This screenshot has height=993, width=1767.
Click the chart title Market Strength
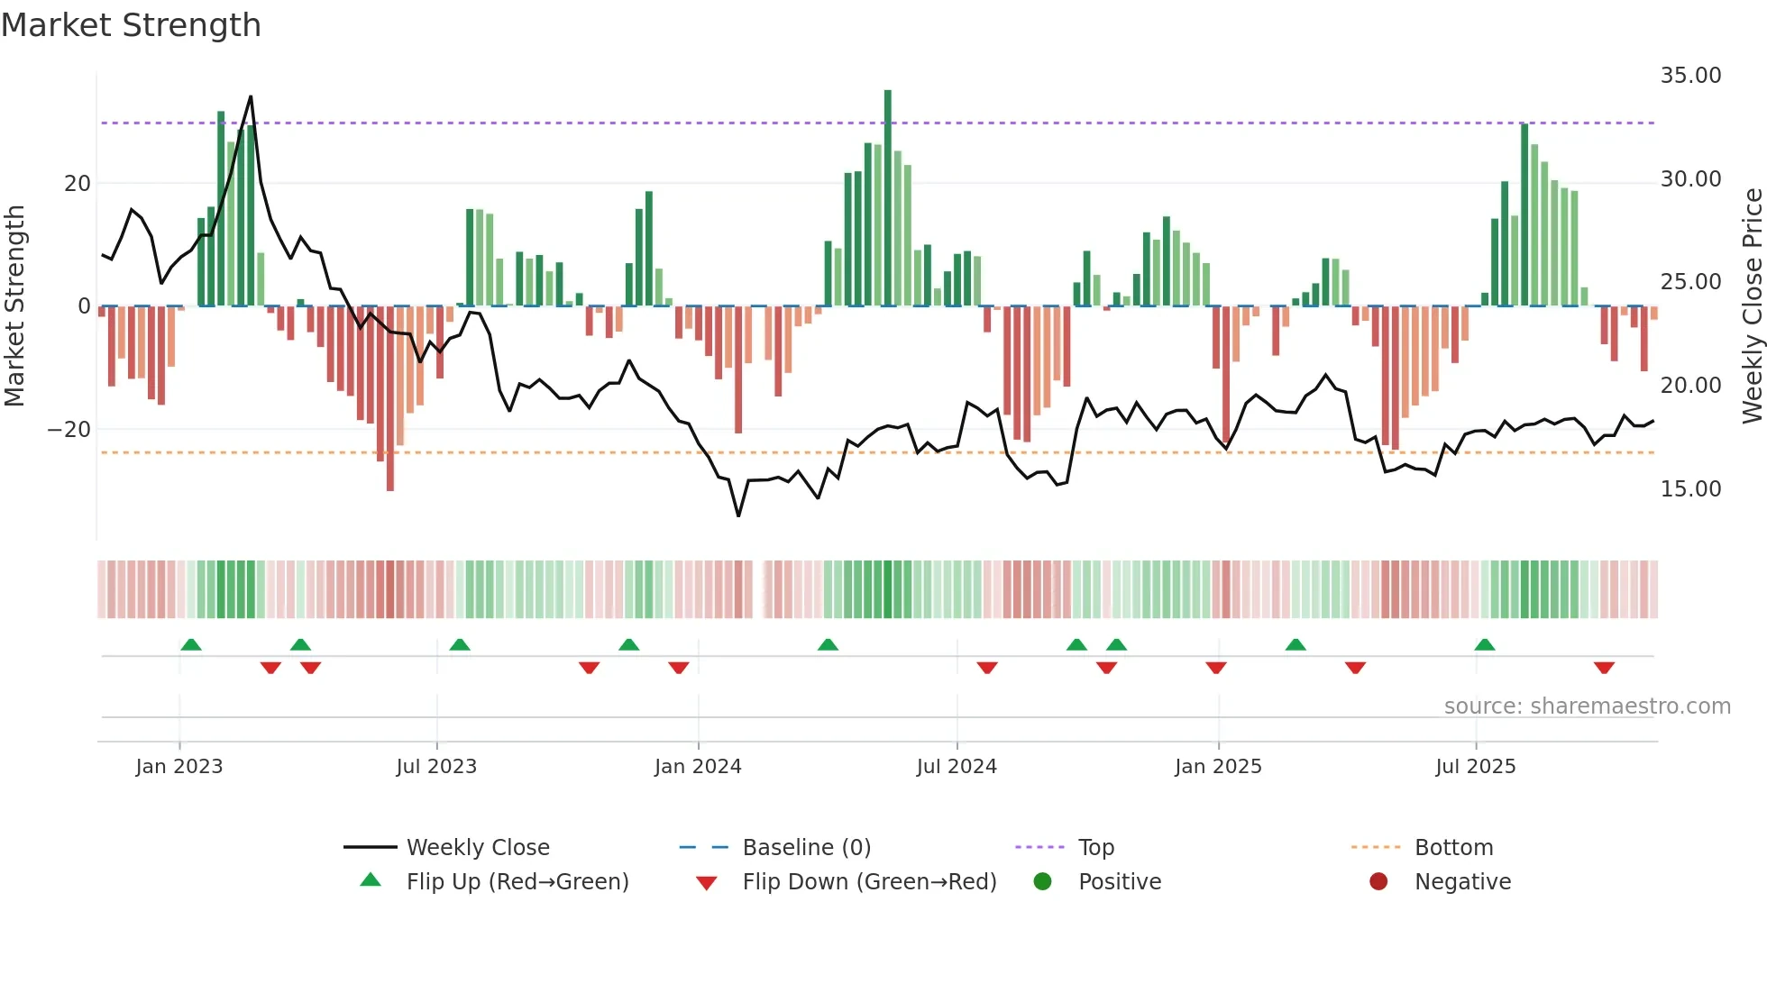point(131,25)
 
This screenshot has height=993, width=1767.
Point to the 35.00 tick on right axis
point(1690,76)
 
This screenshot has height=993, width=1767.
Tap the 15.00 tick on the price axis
point(1690,489)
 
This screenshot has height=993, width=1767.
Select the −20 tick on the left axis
point(69,430)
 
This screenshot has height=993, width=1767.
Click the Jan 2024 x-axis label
point(698,767)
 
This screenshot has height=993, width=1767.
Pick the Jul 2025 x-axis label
point(1475,767)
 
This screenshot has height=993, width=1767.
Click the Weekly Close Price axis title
point(1752,306)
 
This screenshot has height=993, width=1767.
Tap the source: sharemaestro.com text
point(1587,706)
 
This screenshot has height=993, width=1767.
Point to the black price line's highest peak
point(251,97)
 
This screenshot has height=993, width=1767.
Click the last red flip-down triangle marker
point(1604,668)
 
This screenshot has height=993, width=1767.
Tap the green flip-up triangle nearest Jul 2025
point(1485,644)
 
